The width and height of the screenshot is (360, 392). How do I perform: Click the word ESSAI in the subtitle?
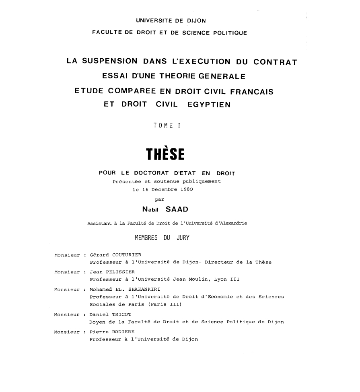click(x=116, y=76)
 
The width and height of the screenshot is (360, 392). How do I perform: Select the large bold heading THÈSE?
click(x=165, y=154)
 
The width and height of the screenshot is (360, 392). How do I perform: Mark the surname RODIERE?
click(x=120, y=332)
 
